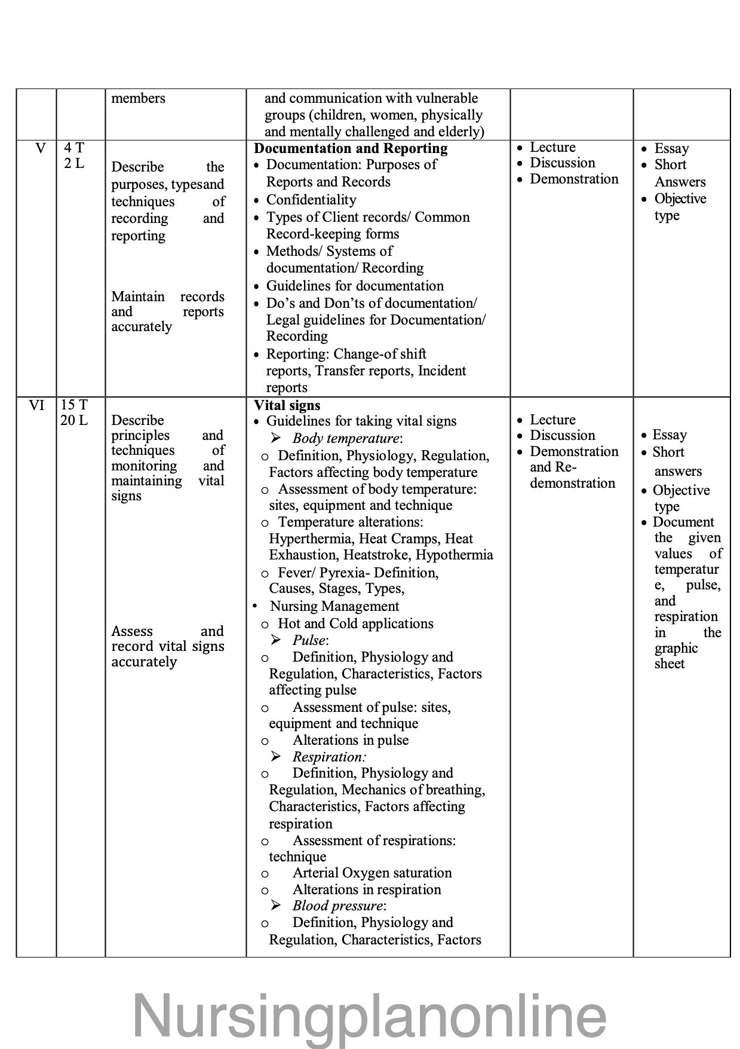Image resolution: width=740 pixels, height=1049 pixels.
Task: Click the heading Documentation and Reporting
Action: (x=351, y=148)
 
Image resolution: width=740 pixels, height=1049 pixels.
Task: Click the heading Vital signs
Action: (x=287, y=405)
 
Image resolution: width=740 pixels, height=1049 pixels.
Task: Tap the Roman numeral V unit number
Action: (x=41, y=148)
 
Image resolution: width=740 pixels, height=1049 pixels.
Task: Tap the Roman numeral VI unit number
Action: (x=36, y=405)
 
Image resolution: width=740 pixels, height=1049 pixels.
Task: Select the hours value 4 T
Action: (x=74, y=148)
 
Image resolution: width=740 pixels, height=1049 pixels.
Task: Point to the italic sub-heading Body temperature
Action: (x=346, y=438)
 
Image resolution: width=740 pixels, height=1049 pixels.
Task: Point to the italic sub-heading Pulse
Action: (x=309, y=640)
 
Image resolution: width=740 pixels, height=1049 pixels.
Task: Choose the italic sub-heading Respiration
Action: (x=328, y=757)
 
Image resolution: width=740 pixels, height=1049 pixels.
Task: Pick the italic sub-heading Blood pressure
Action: (x=338, y=906)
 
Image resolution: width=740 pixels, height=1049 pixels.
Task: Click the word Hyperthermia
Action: (x=310, y=539)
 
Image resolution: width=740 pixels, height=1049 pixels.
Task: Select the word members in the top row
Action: (x=138, y=98)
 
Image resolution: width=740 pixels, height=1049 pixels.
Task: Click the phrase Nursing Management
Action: (x=334, y=606)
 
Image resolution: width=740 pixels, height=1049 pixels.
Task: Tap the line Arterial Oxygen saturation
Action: (x=371, y=873)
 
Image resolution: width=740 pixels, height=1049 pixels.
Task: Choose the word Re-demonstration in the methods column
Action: (x=572, y=483)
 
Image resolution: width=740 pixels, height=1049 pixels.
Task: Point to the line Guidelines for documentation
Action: (x=355, y=286)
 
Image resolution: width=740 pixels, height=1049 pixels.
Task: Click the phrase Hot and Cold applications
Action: (x=355, y=623)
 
